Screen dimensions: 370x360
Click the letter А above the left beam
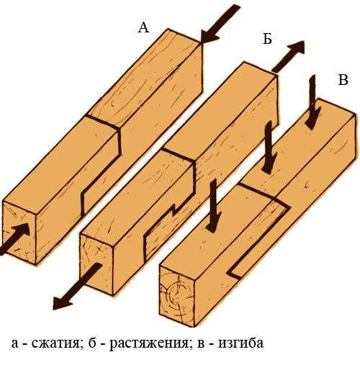pos(143,28)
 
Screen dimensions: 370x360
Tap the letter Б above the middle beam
pos(267,39)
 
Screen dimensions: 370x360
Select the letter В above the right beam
pos(343,79)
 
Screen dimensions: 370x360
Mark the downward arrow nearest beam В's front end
pos(213,205)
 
